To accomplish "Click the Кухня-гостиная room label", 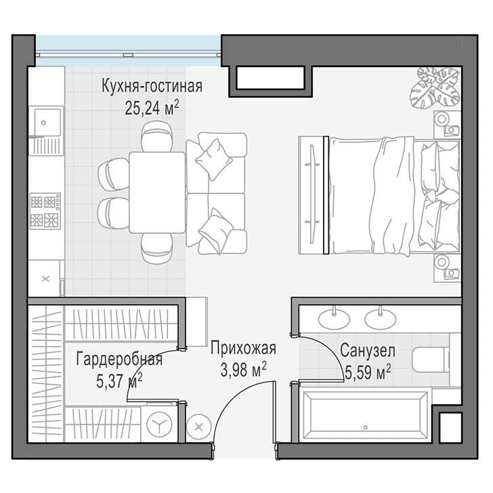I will [152, 87].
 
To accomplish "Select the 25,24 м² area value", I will [152, 108].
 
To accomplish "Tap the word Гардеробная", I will [119, 359].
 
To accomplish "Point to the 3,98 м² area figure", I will [242, 369].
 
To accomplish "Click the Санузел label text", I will [367, 351].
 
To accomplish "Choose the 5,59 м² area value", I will [367, 372].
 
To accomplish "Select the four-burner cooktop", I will [45, 210].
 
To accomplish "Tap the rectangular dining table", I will [156, 192].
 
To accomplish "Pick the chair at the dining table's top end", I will [156, 137].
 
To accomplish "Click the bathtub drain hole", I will [366, 428].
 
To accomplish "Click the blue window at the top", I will [127, 49].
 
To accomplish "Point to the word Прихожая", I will [243, 349].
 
